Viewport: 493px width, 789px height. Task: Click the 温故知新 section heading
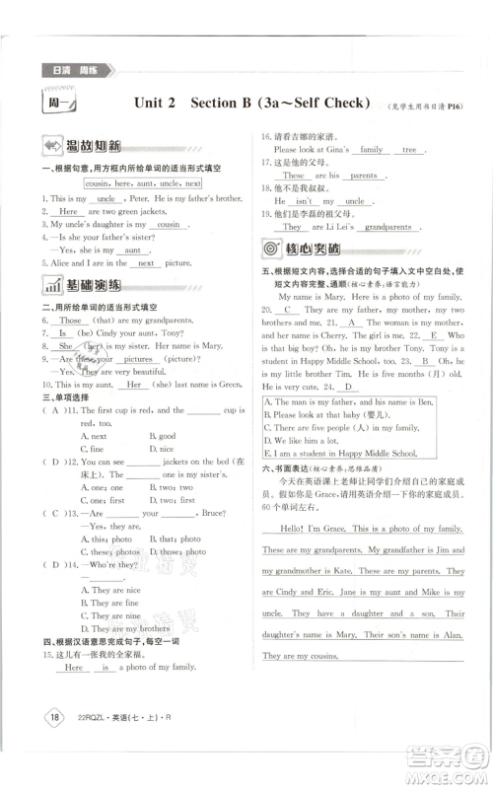tap(83, 146)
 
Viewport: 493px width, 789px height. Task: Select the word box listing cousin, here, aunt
tap(142, 183)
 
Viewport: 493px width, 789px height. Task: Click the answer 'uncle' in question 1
tap(109, 198)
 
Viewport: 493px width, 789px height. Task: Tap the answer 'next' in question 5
tap(146, 263)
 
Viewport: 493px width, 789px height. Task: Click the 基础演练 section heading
tap(83, 287)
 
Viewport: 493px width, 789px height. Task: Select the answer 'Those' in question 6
tap(70, 321)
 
